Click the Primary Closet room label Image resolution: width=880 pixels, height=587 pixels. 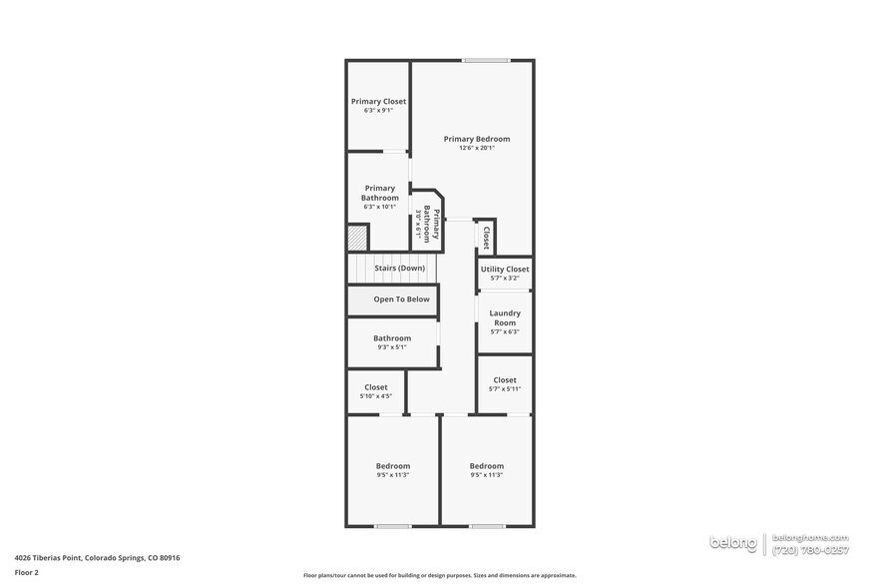[378, 101]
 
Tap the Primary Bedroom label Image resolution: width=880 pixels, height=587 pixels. [477, 139]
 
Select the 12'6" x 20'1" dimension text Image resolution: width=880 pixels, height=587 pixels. [477, 148]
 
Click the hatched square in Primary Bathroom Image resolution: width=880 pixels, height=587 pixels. [357, 238]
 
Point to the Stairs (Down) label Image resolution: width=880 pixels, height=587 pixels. [399, 268]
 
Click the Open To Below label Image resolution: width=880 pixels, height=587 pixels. [401, 298]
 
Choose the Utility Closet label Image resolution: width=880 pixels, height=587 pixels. [505, 269]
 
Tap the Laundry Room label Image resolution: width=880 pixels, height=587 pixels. [505, 317]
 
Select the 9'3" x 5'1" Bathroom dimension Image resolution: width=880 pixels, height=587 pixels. [392, 347]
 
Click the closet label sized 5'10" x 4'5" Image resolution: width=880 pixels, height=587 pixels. [376, 387]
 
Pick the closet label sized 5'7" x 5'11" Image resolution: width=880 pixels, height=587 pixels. [505, 379]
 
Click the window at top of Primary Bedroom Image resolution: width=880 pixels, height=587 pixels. [486, 61]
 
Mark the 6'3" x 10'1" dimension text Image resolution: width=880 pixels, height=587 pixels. [379, 207]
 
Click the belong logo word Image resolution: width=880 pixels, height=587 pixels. [733, 542]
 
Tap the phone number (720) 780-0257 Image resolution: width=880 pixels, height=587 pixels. [812, 549]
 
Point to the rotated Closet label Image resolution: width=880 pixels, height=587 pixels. [485, 238]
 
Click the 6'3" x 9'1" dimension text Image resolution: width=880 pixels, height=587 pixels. [378, 110]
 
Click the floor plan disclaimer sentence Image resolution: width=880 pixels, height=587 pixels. [439, 575]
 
